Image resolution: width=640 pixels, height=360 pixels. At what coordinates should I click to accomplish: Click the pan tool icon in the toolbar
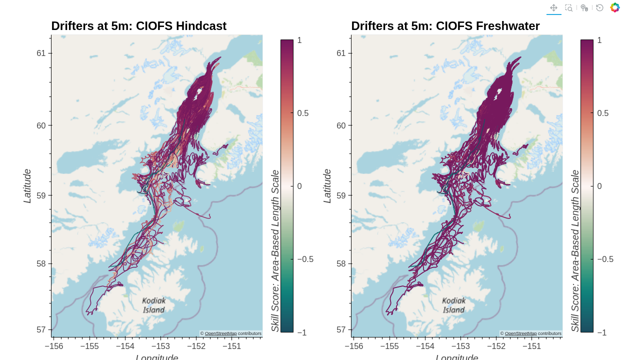(553, 8)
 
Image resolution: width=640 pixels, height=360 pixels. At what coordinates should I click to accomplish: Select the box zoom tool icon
(568, 8)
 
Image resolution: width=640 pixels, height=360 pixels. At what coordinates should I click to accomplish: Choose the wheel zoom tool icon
(584, 8)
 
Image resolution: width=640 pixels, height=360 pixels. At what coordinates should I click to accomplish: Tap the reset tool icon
(599, 8)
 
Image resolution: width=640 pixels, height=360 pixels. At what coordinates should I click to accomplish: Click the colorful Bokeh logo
(615, 8)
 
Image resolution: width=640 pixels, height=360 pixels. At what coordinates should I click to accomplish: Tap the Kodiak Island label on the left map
(154, 305)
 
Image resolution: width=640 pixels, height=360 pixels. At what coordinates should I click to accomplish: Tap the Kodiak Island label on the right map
(454, 305)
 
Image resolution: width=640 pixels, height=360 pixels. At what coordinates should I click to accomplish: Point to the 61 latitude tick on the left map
(41, 53)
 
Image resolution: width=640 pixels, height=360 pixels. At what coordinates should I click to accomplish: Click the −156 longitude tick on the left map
(54, 346)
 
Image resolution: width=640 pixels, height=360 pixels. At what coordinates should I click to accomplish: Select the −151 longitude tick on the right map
(531, 346)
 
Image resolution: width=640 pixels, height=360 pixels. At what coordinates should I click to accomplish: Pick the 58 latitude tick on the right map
(341, 263)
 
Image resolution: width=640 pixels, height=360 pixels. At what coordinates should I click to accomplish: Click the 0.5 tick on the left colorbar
(302, 113)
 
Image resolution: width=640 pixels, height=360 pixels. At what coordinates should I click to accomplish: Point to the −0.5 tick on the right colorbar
(605, 259)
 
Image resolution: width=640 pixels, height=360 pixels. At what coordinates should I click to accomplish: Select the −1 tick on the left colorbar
(301, 332)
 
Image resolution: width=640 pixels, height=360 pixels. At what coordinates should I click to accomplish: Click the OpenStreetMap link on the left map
(220, 333)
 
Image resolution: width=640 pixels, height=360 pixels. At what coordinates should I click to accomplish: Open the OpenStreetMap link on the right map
(520, 333)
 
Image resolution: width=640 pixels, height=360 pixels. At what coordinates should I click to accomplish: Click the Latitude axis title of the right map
(327, 186)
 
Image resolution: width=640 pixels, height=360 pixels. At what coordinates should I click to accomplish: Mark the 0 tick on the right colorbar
(599, 186)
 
